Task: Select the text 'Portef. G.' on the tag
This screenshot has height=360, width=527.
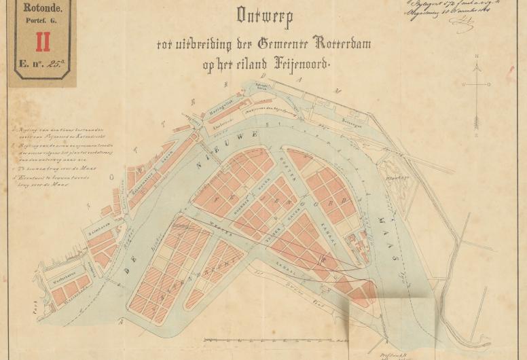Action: coord(42,24)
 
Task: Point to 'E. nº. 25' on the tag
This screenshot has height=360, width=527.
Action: coord(41,66)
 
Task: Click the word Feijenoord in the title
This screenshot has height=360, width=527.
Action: coord(293,65)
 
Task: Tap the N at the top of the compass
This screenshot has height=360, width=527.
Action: coord(477,56)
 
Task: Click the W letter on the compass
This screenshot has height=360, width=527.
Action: coord(462,85)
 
